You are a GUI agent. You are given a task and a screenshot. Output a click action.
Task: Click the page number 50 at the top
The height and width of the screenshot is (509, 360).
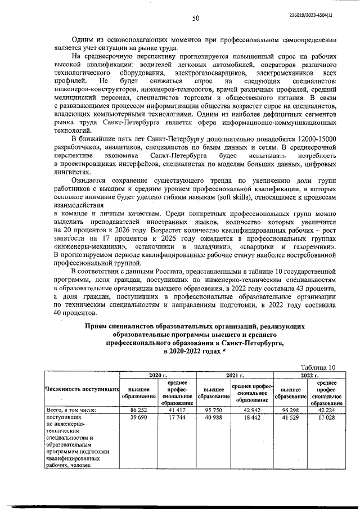point(197,18)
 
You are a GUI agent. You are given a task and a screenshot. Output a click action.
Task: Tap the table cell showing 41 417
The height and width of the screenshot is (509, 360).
point(177,410)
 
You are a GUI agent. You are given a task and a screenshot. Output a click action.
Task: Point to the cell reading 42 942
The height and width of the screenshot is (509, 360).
point(251,410)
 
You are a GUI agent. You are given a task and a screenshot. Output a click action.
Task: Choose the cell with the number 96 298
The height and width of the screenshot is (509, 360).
point(289,410)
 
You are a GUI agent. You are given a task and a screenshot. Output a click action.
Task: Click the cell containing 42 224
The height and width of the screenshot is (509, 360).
point(327,410)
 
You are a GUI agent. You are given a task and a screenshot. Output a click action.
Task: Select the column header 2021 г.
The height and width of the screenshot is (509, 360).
point(234,375)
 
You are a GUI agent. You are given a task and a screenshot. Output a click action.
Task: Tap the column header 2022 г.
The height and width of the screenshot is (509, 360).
point(309,375)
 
